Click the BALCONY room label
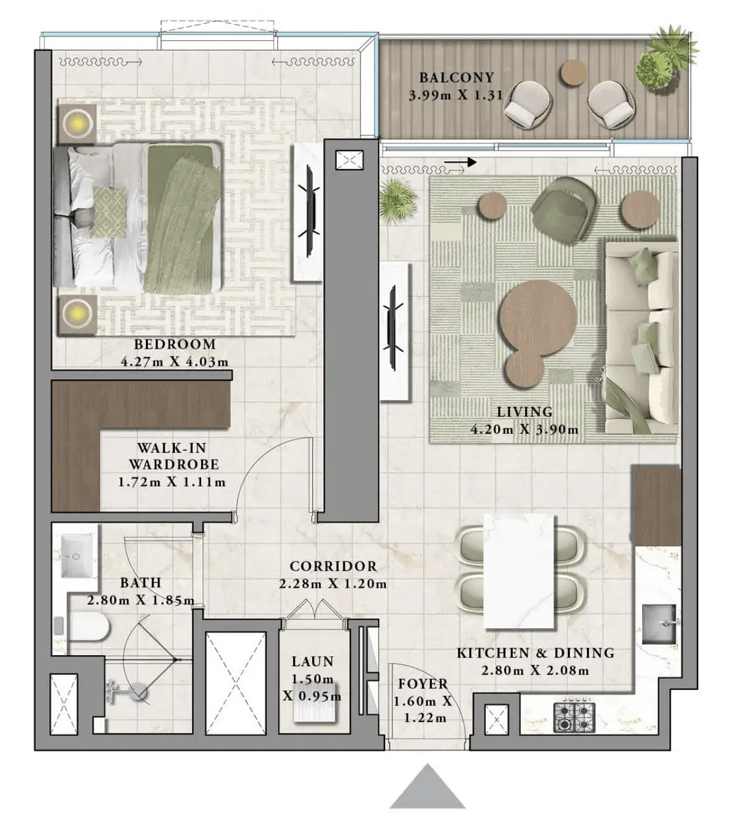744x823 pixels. point(456,78)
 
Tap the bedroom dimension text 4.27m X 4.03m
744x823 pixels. point(175,362)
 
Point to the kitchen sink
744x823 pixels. point(659,624)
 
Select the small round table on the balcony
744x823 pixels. point(573,72)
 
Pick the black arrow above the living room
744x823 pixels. point(460,162)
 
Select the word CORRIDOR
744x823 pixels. point(333,566)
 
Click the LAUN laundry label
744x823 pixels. point(312,662)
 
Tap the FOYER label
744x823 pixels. point(423,684)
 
